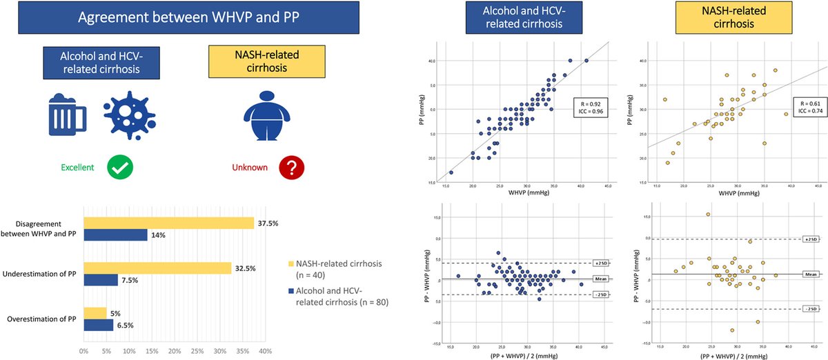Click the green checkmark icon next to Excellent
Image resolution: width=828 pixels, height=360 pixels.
(x=119, y=167)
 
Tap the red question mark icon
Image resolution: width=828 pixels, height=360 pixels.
(x=291, y=167)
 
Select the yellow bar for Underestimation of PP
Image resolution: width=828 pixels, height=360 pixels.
(x=157, y=268)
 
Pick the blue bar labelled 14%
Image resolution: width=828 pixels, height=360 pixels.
(x=115, y=235)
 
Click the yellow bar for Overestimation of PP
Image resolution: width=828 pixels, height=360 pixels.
(x=95, y=313)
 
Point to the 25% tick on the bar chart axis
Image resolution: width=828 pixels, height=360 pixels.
(x=197, y=351)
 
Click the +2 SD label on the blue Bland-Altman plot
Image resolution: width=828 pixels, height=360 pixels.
(x=600, y=263)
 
